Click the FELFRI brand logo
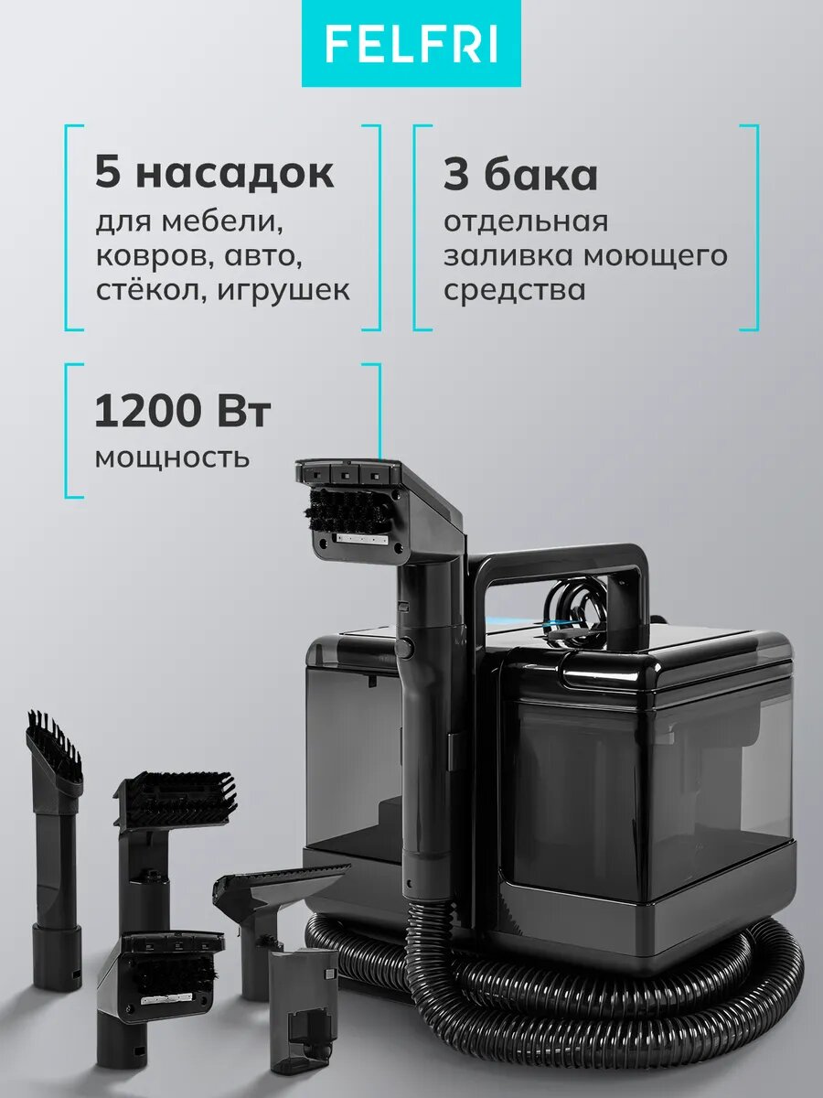(411, 44)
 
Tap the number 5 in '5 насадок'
(108, 174)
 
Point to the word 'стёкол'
(138, 290)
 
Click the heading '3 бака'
(520, 174)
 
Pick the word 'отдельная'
(525, 221)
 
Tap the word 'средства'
(514, 290)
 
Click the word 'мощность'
(172, 455)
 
